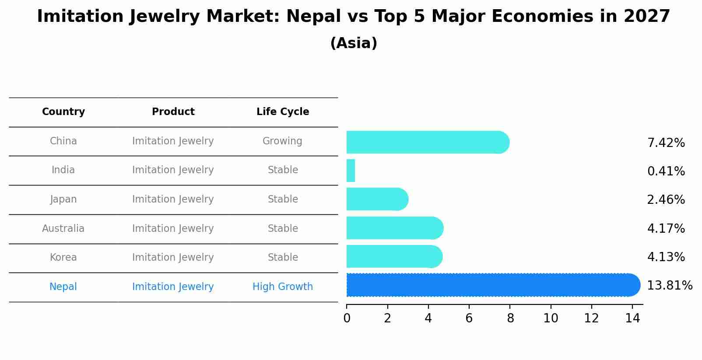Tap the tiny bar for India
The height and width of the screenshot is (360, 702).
pos(351,171)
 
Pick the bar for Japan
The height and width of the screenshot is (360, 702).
pos(377,199)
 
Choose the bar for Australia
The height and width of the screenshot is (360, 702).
pos(394,228)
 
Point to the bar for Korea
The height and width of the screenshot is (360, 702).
pos(394,257)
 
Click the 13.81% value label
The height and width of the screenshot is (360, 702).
pos(670,286)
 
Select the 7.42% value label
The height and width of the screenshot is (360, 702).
pos(666,143)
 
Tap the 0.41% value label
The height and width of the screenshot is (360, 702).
pos(666,171)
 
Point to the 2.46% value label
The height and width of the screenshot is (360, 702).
pos(666,200)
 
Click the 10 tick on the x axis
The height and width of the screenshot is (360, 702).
pos(551,318)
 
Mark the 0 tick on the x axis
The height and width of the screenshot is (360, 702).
pos(347,318)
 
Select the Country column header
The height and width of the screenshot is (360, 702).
pos(63,112)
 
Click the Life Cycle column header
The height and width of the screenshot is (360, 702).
pos(283,112)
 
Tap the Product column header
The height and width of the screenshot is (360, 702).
pos(173,112)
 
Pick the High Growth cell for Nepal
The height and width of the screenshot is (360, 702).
pos(283,287)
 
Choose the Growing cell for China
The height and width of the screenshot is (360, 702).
pos(282,141)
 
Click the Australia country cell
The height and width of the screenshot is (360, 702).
pos(63,229)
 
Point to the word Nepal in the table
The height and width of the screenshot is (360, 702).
pos(63,287)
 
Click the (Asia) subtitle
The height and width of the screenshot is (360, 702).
pos(354,43)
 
